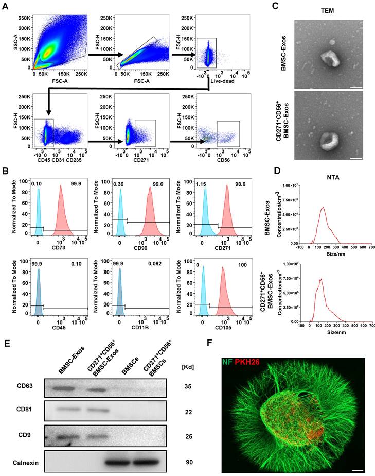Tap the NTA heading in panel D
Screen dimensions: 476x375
pos(329,170)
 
